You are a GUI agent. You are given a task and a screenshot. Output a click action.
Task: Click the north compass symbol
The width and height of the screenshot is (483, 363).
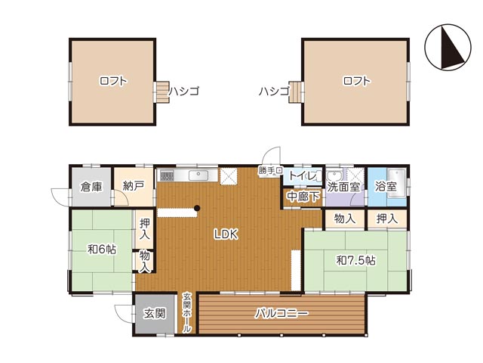(448, 48)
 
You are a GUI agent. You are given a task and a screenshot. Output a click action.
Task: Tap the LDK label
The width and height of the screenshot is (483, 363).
(226, 234)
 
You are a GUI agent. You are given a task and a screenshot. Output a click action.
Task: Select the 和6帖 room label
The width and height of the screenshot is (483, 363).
(102, 249)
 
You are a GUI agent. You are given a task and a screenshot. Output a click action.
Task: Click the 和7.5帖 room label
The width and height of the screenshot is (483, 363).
(355, 260)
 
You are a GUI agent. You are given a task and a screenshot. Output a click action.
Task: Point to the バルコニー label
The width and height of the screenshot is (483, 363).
(281, 314)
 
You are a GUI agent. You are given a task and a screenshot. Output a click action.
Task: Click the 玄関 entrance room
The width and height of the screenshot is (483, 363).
(155, 315)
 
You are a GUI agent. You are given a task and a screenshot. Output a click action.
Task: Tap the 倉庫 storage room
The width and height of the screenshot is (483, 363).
(91, 187)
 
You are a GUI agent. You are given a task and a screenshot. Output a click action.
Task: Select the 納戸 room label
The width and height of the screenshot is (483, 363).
(134, 186)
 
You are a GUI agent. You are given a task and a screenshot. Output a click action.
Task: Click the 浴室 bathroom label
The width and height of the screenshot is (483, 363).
(386, 186)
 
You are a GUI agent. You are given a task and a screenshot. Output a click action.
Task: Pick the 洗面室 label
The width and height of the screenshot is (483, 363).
(343, 187)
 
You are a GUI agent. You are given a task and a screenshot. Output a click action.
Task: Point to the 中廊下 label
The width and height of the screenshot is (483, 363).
(303, 197)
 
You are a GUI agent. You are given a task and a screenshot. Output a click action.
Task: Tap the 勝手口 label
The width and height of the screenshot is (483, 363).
(270, 170)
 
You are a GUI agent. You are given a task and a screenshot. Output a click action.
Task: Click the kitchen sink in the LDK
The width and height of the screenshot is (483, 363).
(198, 175)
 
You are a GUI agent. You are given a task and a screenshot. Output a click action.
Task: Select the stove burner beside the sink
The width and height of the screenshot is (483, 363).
(167, 176)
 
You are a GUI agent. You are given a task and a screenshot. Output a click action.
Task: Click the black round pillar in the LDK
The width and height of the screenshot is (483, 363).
(197, 208)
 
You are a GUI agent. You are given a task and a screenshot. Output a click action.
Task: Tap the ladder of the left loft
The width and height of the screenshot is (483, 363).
(162, 92)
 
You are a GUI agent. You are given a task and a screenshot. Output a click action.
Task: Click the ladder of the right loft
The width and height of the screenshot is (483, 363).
(296, 92)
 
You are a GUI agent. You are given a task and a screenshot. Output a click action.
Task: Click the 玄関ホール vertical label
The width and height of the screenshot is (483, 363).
(187, 312)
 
